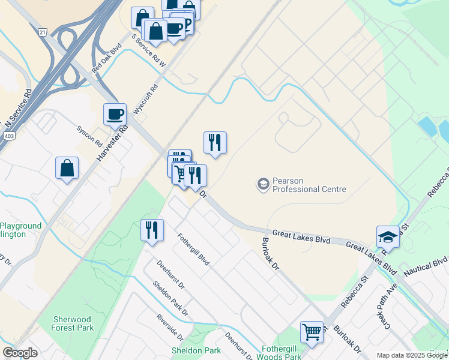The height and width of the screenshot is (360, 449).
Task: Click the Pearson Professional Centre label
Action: tap(309, 185)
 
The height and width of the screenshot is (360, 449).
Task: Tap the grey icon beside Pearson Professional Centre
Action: tap(262, 184)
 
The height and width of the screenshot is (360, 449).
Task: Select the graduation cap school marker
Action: tap(388, 236)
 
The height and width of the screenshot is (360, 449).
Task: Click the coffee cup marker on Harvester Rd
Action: tap(115, 113)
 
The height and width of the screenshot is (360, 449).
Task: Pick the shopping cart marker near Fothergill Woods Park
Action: tap(312, 331)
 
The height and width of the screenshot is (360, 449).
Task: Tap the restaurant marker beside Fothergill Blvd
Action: tap(152, 230)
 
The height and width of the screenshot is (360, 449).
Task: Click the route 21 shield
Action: tap(42, 32)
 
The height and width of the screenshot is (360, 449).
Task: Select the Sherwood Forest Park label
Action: tap(73, 323)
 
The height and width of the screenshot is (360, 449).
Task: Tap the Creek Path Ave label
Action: tap(388, 309)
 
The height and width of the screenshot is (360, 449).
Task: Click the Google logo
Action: tap(20, 353)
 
